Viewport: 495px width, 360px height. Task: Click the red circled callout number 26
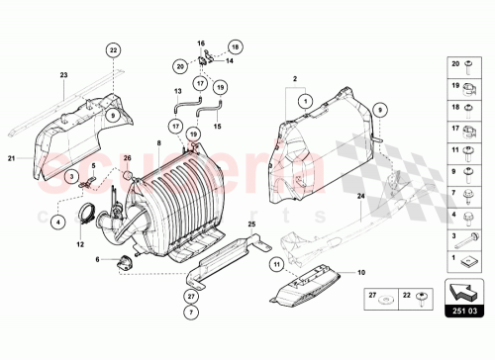coord(126,158)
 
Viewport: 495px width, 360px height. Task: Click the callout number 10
coord(360,273)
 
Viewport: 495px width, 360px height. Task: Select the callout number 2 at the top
coord(295,77)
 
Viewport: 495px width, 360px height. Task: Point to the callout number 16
coord(200,45)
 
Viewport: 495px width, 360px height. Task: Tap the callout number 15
coord(218,127)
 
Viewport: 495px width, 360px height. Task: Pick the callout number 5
coord(95,164)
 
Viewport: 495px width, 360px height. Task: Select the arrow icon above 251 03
coord(463,294)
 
